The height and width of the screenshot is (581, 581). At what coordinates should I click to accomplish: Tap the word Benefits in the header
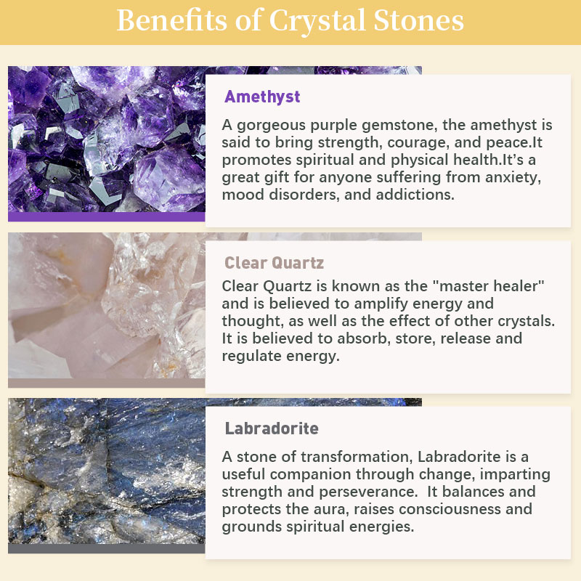171,20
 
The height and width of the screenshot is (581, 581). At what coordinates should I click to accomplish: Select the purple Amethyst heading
262,97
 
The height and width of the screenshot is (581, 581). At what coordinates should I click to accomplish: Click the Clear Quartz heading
275,263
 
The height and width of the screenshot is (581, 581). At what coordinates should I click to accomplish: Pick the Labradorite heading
272,428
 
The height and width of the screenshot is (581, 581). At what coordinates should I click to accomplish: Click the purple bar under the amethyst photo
106,216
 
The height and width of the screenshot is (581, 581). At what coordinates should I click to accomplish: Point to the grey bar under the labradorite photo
106,548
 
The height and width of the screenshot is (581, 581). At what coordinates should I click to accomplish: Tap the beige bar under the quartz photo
106,383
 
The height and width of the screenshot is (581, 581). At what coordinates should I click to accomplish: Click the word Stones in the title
419,20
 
